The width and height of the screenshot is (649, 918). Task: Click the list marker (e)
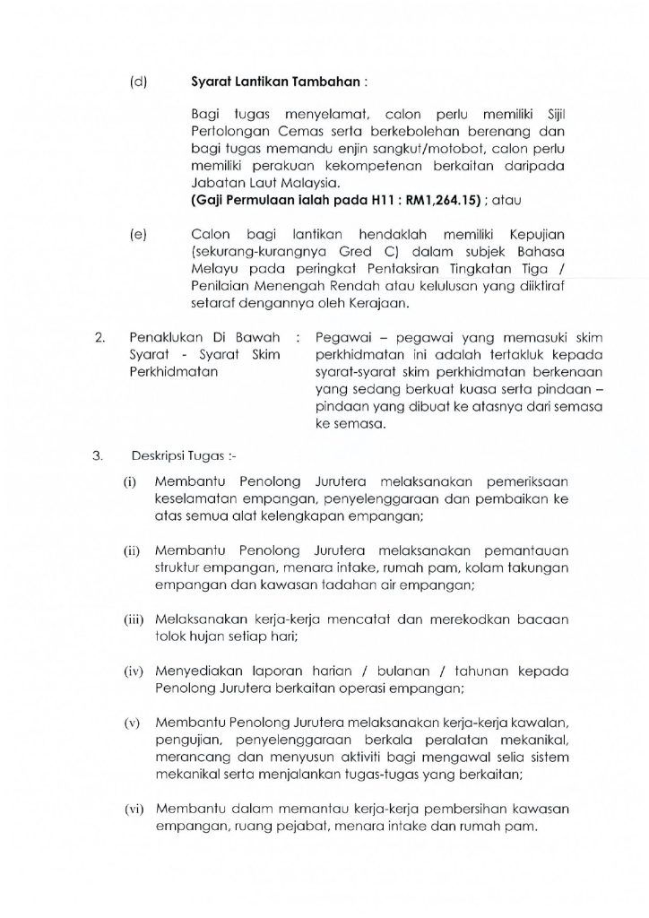pos(138,234)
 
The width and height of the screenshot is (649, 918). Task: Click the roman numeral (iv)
pos(132,668)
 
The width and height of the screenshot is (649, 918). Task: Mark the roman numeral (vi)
pos(132,809)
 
